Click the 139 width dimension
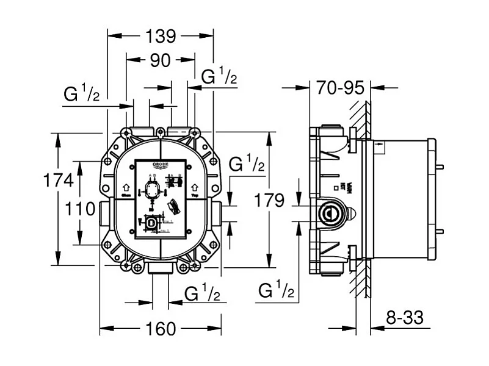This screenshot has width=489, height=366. tap(161, 37)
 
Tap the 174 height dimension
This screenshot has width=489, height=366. tap(58, 181)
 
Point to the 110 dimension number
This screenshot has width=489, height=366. tap(81, 209)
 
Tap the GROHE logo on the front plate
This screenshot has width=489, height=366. tap(161, 166)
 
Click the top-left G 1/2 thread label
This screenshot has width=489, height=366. tap(81, 96)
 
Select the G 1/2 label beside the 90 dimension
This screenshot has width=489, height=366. tap(219, 77)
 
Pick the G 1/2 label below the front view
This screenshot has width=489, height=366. tap(202, 295)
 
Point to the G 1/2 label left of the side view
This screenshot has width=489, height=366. tap(276, 290)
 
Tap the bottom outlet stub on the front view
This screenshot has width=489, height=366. tap(160, 268)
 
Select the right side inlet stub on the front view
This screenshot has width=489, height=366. tap(217, 211)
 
